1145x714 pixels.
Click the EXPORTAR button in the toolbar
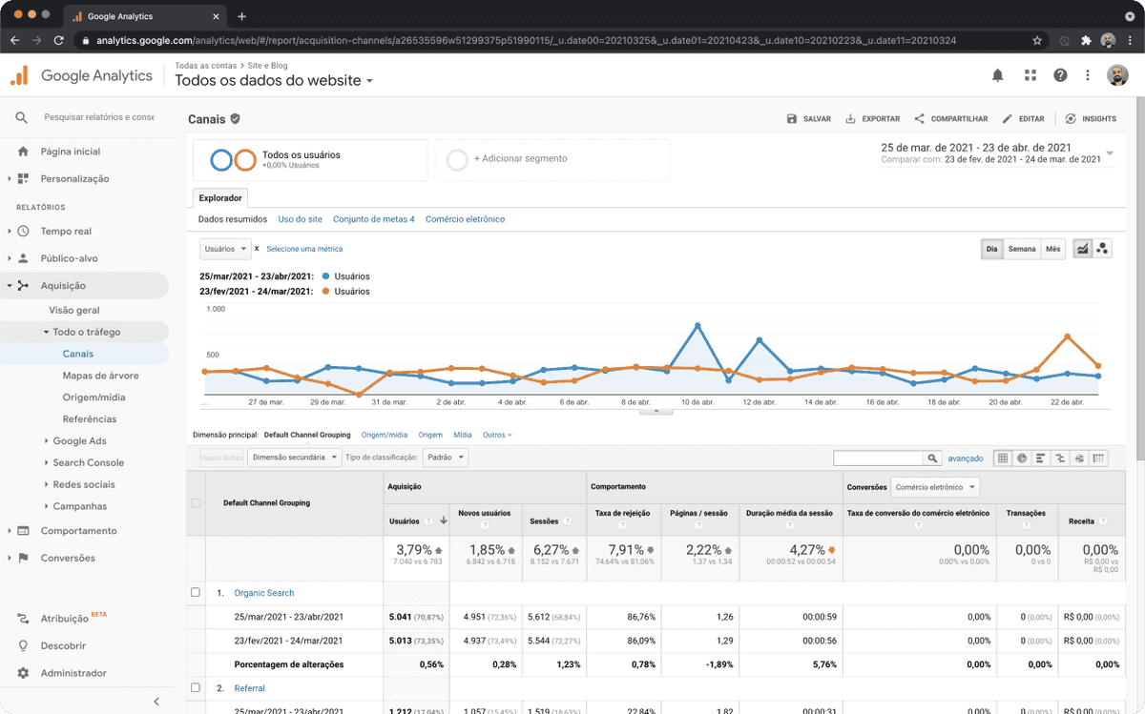(872, 119)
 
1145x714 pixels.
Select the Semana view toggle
(1021, 249)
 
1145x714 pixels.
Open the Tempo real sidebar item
(66, 231)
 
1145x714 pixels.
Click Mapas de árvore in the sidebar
(94, 376)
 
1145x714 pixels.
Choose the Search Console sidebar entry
(88, 462)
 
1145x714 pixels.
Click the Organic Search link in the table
(264, 593)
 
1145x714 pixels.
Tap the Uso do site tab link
(300, 219)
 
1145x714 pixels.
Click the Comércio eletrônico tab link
(465, 219)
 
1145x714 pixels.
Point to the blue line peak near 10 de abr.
(697, 325)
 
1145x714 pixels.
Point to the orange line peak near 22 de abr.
(1067, 336)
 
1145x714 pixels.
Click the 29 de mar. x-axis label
(326, 402)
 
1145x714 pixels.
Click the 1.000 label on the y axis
(216, 309)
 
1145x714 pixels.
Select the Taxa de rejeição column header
(621, 513)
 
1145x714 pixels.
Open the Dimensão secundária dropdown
(294, 458)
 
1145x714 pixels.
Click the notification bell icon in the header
(997, 75)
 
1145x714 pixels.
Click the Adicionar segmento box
(552, 159)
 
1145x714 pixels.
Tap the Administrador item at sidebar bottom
(73, 673)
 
